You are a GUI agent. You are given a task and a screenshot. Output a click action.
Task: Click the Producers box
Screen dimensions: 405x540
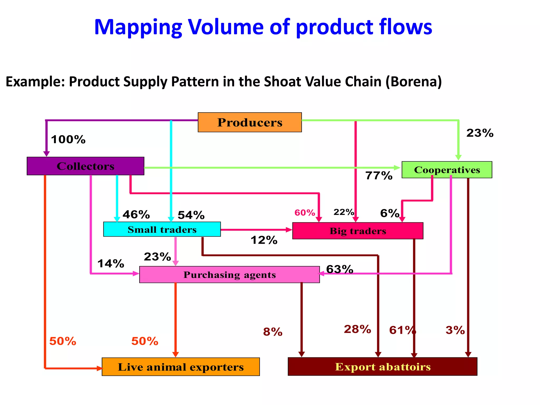tap(249, 122)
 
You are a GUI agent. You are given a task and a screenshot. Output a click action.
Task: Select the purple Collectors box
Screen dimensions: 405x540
tap(85, 166)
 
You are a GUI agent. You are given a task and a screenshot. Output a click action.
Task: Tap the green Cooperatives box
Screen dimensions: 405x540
tap(447, 170)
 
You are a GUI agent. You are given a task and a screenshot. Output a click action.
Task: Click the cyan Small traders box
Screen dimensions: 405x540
tap(162, 229)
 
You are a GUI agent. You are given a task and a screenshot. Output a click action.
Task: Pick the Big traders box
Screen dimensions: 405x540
tap(358, 231)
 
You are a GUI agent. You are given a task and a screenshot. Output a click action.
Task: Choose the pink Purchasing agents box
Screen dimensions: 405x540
tap(229, 275)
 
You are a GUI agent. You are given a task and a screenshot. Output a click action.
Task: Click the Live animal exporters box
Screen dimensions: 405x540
tap(181, 367)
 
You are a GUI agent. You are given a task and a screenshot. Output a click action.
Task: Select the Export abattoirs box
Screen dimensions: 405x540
tap(382, 367)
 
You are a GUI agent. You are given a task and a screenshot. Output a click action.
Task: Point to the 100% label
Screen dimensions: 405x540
tap(68, 139)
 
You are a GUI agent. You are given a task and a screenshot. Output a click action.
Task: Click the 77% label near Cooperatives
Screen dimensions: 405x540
tap(379, 176)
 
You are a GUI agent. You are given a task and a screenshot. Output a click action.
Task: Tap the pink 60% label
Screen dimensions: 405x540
tap(305, 213)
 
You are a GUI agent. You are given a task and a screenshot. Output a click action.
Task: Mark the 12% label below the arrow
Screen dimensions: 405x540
tap(264, 240)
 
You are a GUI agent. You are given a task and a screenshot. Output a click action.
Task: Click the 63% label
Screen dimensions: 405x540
tap(340, 269)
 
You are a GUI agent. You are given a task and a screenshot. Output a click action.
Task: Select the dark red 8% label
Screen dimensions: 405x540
tap(273, 332)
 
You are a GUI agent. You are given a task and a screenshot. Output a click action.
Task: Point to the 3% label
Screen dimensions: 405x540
tap(455, 330)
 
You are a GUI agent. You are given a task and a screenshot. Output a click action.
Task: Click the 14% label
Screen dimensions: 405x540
tap(111, 264)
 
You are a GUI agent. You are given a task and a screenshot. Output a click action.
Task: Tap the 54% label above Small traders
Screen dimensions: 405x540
tap(191, 215)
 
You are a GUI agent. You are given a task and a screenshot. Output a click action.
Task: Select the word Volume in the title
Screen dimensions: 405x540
tap(225, 27)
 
